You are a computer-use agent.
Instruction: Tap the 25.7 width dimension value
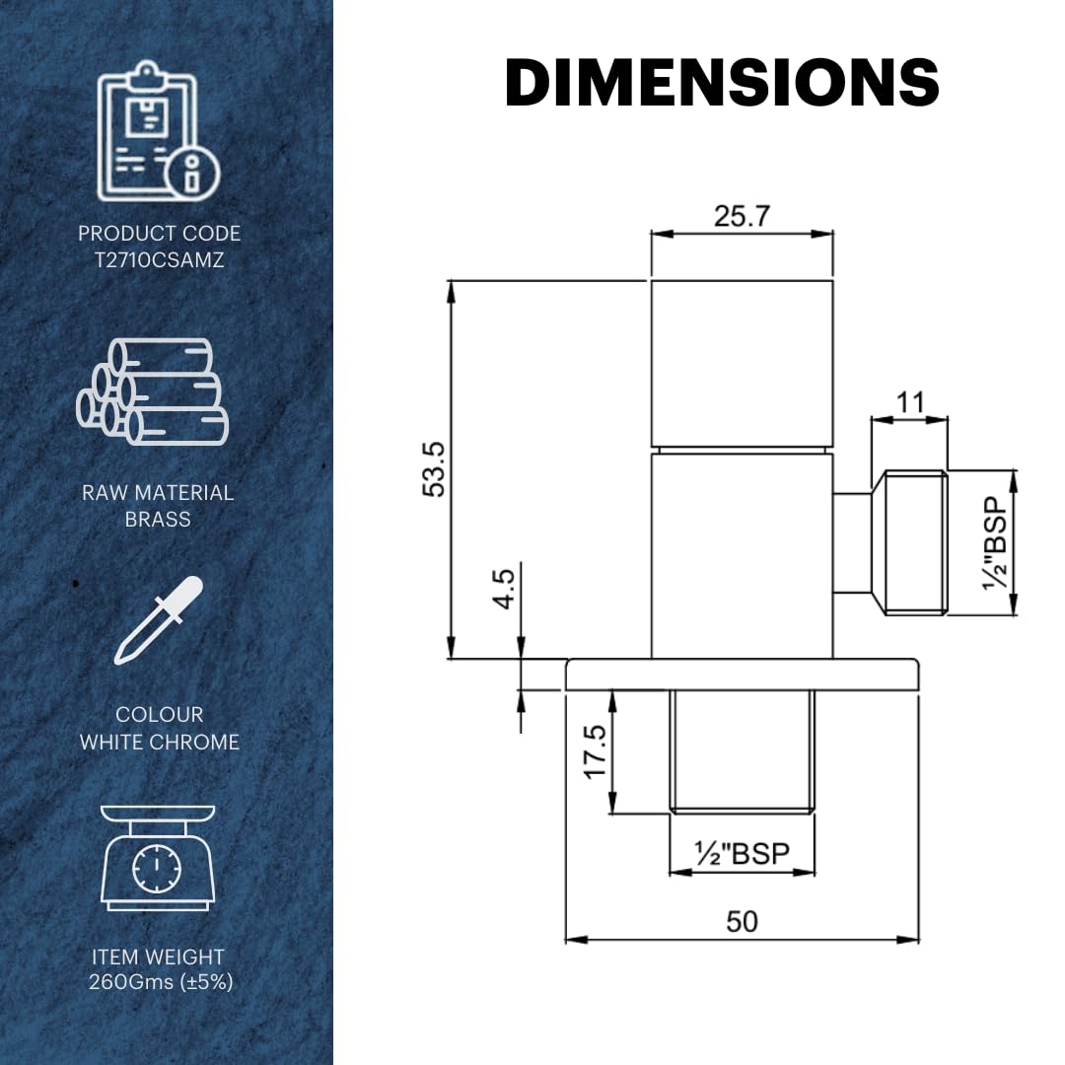click(x=742, y=216)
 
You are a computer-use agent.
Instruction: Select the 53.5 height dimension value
click(x=433, y=469)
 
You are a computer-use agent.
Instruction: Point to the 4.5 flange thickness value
click(x=504, y=589)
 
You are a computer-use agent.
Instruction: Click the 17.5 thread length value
click(x=595, y=751)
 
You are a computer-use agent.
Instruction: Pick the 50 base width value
click(x=742, y=922)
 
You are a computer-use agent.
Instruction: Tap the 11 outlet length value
click(x=911, y=402)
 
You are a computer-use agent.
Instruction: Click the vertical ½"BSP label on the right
click(x=995, y=543)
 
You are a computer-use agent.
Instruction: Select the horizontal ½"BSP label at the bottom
click(x=742, y=853)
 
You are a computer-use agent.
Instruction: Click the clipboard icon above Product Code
click(x=159, y=131)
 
